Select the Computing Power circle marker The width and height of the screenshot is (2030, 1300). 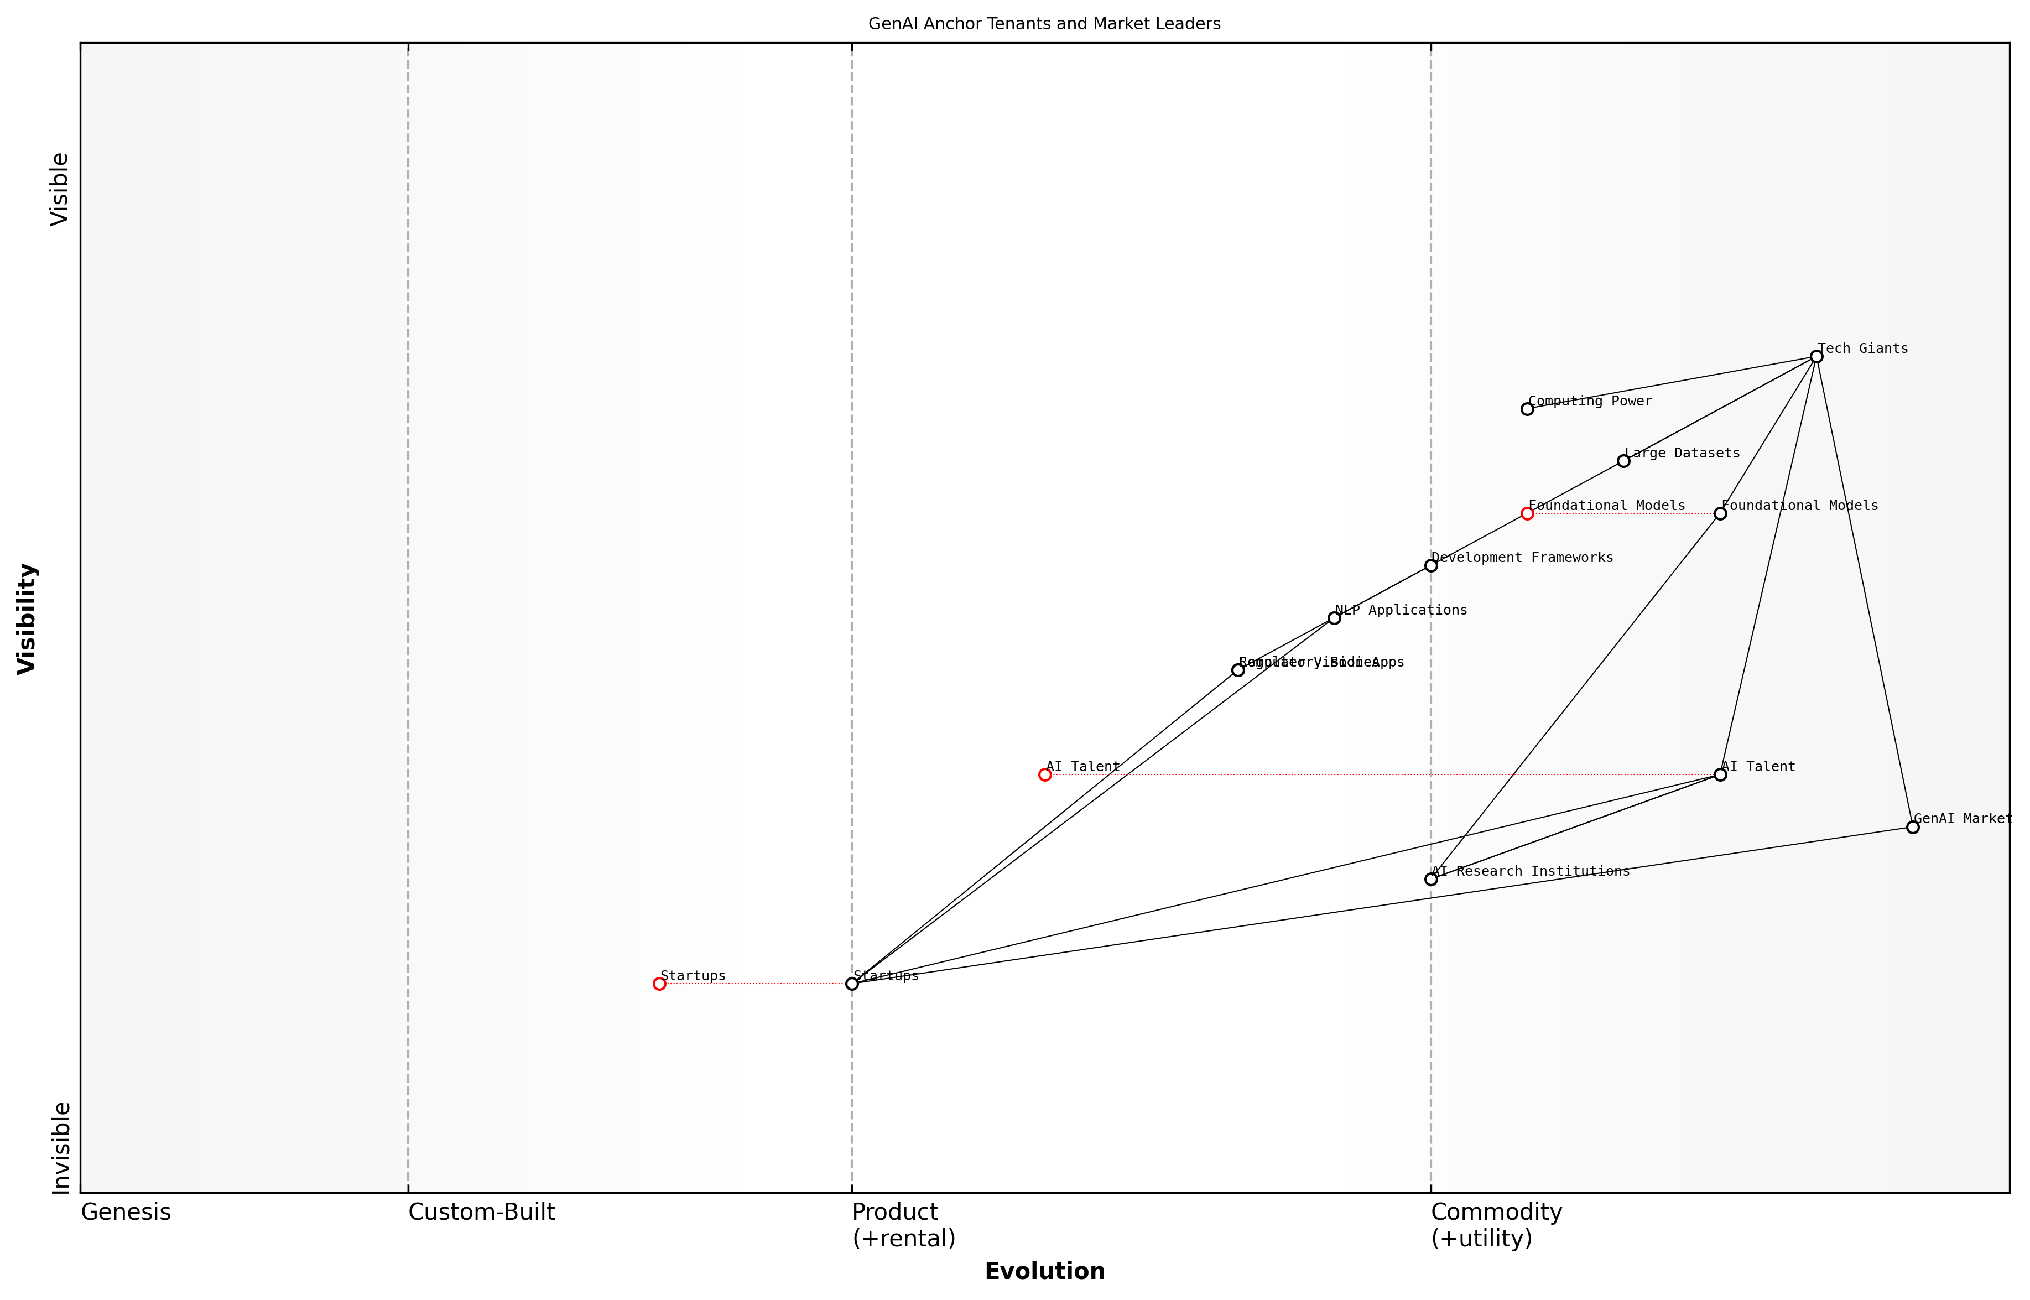point(1527,409)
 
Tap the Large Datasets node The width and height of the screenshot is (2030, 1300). point(1623,461)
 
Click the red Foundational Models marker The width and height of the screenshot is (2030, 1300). point(1527,513)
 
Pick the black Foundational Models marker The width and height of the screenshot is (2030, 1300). point(1720,513)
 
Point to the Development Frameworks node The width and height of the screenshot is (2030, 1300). point(1431,565)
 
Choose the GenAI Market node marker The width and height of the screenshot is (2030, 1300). point(1913,826)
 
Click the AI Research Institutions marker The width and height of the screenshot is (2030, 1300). point(1431,879)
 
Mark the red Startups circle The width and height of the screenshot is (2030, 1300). point(659,984)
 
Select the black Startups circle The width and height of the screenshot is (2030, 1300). point(852,984)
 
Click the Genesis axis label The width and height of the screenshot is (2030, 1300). point(126,1213)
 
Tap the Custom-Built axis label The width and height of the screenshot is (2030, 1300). point(481,1213)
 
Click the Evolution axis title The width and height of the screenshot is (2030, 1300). point(1044,1271)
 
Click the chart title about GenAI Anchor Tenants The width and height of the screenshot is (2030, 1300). point(1044,24)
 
